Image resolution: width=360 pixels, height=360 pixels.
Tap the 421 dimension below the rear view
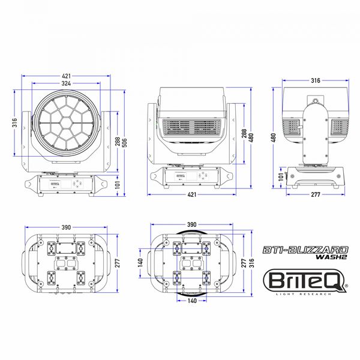[x=192, y=195]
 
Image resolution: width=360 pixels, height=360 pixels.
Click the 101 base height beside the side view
[x=280, y=175]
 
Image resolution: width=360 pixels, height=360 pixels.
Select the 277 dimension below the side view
[x=314, y=195]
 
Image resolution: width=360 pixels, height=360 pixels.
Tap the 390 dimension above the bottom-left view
[x=67, y=227]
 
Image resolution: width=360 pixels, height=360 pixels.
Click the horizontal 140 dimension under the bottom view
[x=192, y=301]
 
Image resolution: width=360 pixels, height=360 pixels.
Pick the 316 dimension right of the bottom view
[x=251, y=262]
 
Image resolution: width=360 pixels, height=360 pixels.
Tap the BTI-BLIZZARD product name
[x=307, y=248]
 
